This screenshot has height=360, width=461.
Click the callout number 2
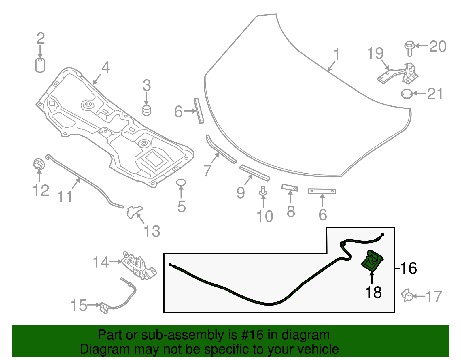pos(41,39)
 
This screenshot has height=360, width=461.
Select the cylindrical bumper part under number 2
pos(40,65)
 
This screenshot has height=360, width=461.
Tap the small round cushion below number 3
pos(147,111)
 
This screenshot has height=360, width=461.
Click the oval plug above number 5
pos(181,182)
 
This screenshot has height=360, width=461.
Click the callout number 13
pos(152,231)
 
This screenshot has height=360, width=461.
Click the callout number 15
pos(79,306)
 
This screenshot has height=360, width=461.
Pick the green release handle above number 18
pos(372,260)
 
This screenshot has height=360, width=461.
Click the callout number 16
pos(409,268)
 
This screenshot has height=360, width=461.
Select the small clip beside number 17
pos(407,295)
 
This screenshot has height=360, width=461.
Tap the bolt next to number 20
pos(409,48)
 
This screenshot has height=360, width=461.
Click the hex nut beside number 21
pos(406,94)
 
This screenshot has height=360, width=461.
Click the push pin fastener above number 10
pos(263,191)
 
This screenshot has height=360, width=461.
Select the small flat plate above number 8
pos(290,187)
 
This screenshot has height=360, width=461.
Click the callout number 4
pos(105,68)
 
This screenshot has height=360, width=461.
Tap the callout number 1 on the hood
pos(336,54)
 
